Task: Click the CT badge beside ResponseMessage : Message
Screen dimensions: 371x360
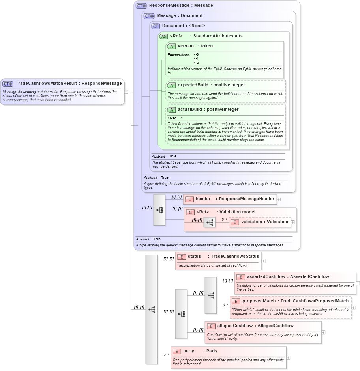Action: coord(141,6)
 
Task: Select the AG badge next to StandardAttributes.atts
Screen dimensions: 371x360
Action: coord(163,36)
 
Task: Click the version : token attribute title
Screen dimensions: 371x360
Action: coord(195,46)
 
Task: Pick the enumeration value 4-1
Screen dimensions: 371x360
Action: coord(196,59)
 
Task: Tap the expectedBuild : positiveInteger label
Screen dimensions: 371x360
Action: coord(211,85)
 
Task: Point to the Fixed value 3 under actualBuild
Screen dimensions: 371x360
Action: coord(182,118)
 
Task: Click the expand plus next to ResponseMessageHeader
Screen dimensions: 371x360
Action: coord(279,199)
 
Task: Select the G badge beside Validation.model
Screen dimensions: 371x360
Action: coord(190,212)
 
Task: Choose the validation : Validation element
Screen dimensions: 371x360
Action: coord(260,222)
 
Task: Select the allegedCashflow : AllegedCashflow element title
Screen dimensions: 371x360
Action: coord(255,326)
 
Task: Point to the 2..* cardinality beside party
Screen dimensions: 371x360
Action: coord(167,355)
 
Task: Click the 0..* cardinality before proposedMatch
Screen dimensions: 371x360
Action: coord(225,305)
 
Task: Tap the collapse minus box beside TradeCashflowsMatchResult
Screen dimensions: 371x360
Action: coord(126,92)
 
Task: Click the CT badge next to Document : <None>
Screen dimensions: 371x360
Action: coord(156,26)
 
